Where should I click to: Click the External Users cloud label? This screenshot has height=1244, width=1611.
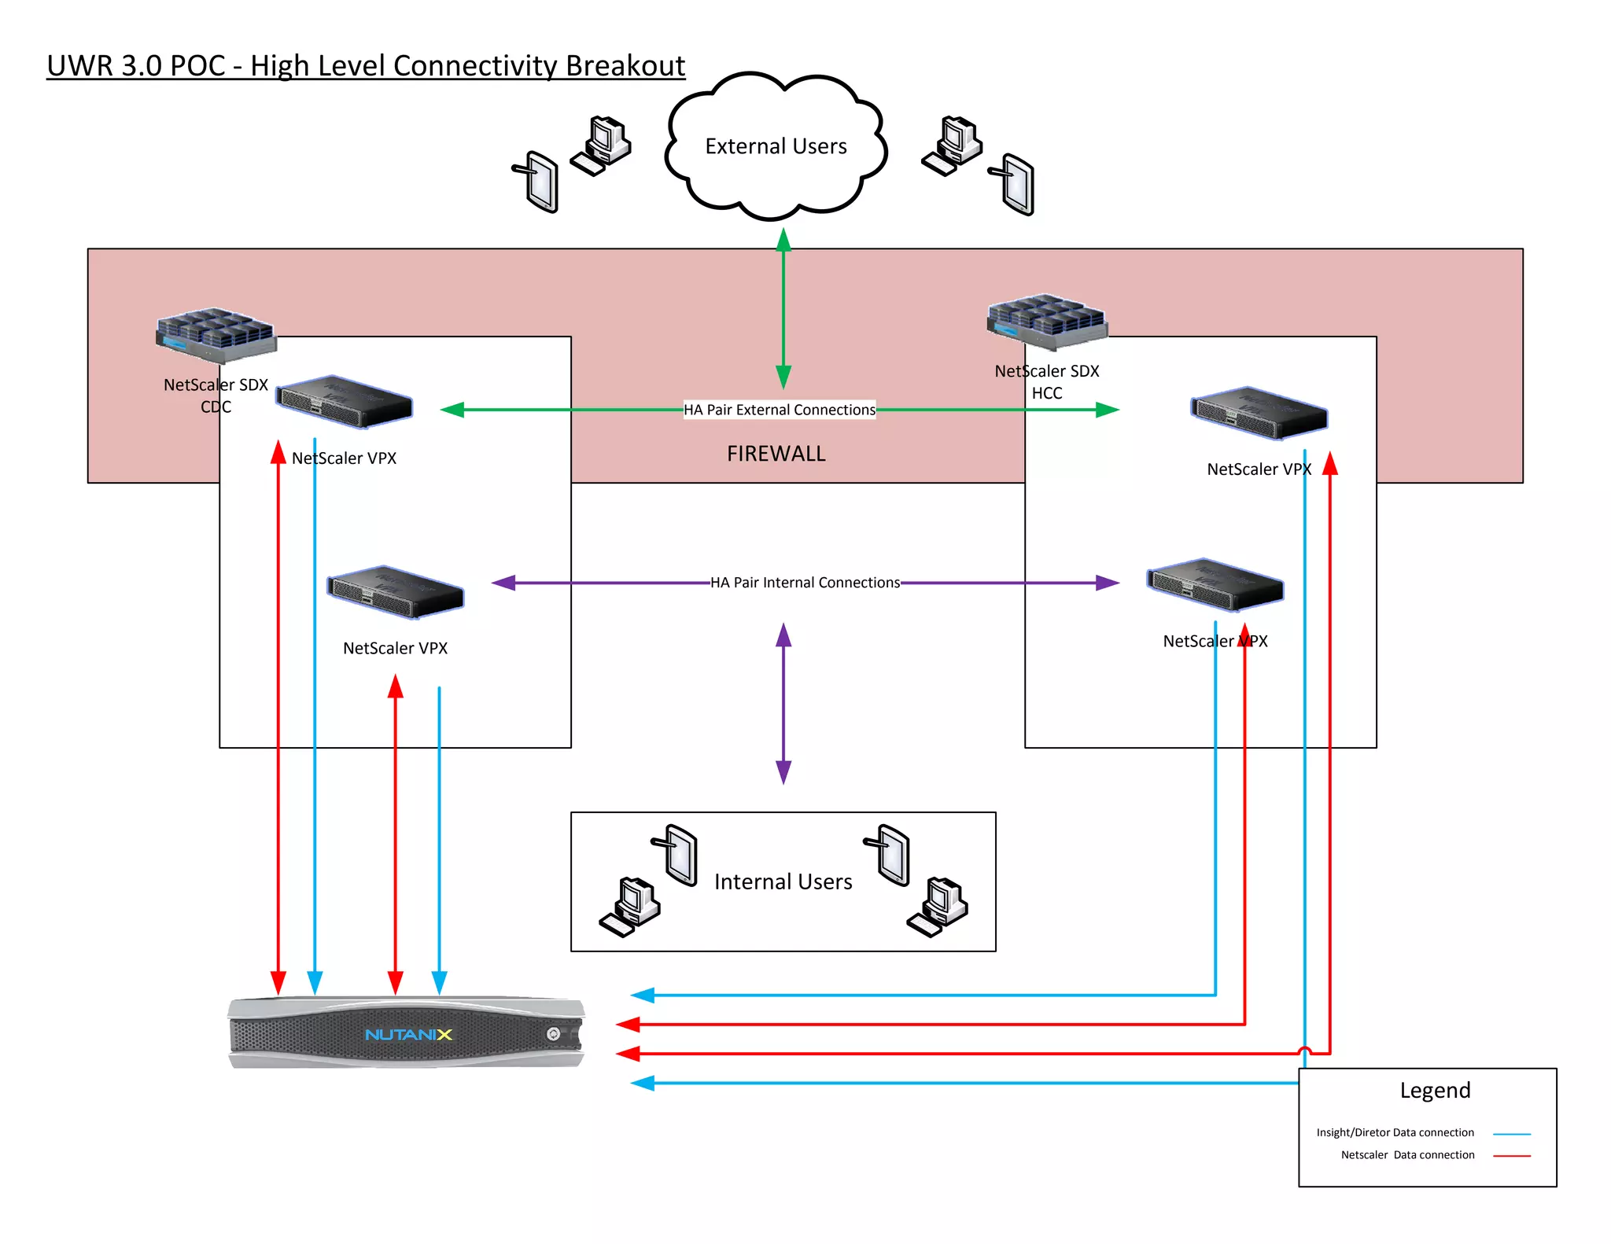pyautogui.click(x=776, y=146)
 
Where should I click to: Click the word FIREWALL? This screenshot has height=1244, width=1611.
pyautogui.click(x=776, y=454)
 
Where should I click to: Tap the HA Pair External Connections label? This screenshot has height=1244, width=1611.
pyautogui.click(x=779, y=410)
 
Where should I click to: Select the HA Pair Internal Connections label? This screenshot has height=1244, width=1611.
pyautogui.click(x=805, y=583)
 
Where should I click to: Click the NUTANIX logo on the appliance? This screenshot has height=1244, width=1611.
pyautogui.click(x=408, y=1035)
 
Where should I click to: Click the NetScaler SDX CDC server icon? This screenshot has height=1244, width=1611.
pyautogui.click(x=216, y=335)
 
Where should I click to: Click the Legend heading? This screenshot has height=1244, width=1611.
pyautogui.click(x=1435, y=1091)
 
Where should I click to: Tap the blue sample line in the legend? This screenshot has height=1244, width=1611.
pyautogui.click(x=1511, y=1134)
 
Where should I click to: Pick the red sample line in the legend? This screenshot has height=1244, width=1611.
pyautogui.click(x=1511, y=1156)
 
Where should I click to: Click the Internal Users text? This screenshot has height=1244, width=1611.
pyautogui.click(x=783, y=882)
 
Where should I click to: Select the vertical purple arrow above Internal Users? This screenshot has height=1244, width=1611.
pyautogui.click(x=783, y=704)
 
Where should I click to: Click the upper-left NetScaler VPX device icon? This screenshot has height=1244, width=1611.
pyautogui.click(x=345, y=403)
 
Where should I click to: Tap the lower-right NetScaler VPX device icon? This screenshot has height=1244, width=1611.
pyautogui.click(x=1215, y=586)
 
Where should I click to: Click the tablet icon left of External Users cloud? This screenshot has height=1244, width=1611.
pyautogui.click(x=538, y=182)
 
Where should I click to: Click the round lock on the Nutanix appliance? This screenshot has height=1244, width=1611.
pyautogui.click(x=553, y=1034)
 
